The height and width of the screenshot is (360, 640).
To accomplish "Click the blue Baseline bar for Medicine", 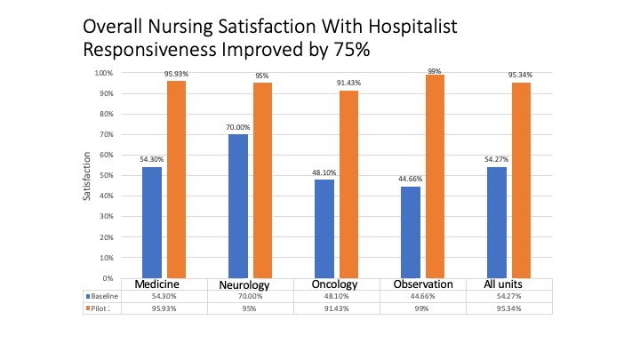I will [x=152, y=222].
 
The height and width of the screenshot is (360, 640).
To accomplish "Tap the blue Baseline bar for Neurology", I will [x=238, y=206].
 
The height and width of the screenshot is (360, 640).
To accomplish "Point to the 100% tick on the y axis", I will [x=104, y=73].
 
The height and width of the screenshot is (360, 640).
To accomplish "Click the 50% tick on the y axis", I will [x=105, y=176].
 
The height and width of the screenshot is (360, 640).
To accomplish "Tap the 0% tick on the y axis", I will [x=107, y=278].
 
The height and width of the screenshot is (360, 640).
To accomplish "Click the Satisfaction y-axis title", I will [x=87, y=176].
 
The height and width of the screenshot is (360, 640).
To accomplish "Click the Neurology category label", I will [x=244, y=284].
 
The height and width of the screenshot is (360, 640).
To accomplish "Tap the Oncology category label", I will [x=336, y=284].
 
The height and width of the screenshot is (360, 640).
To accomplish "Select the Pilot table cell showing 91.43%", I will [x=336, y=308].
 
